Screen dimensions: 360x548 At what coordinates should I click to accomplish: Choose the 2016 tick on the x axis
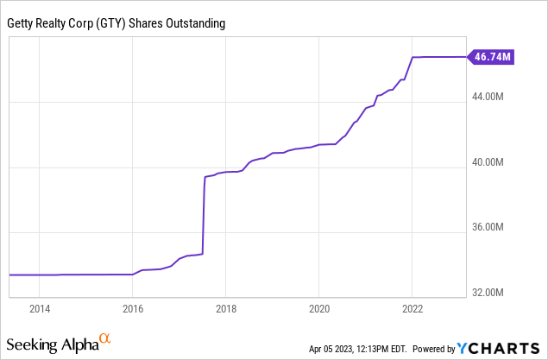(132, 308)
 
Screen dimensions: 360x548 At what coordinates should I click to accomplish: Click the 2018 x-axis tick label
(226, 308)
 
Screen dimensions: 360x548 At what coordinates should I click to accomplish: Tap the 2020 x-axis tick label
(319, 308)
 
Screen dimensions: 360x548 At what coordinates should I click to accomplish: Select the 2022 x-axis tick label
(413, 308)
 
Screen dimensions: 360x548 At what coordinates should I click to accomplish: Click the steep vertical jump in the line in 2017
(204, 216)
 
